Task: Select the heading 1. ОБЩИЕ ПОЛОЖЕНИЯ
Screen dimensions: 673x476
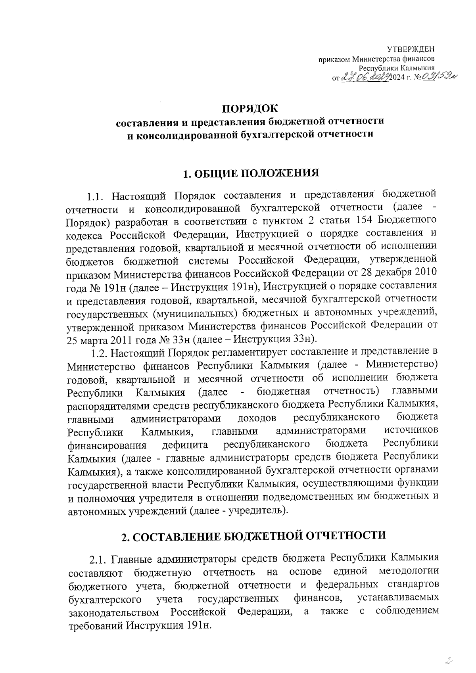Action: click(x=250, y=173)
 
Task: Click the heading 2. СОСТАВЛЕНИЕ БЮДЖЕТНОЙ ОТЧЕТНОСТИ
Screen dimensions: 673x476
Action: click(x=253, y=535)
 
